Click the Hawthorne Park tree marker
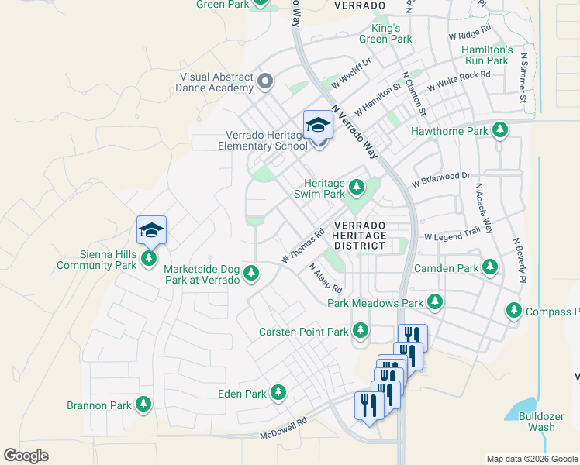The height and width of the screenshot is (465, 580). pyautogui.click(x=501, y=131)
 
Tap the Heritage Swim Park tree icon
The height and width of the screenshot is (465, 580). pyautogui.click(x=357, y=187)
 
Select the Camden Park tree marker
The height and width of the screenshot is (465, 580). pyautogui.click(x=489, y=267)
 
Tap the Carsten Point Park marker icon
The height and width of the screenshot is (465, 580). pyautogui.click(x=360, y=331)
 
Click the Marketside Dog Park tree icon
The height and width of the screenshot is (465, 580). pyautogui.click(x=251, y=272)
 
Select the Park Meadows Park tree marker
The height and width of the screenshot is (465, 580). pyautogui.click(x=435, y=302)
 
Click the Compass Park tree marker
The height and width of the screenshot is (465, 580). pyautogui.click(x=513, y=311)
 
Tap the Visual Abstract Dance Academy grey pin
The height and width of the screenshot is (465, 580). pyautogui.click(x=265, y=81)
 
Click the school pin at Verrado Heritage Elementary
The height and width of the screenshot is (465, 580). pyautogui.click(x=318, y=126)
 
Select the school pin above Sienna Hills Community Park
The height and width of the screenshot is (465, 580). pyautogui.click(x=151, y=230)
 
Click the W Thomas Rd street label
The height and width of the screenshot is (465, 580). pyautogui.click(x=302, y=246)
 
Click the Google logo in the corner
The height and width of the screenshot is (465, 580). pyautogui.click(x=26, y=456)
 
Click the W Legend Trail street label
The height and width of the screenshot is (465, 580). pyautogui.click(x=452, y=235)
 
